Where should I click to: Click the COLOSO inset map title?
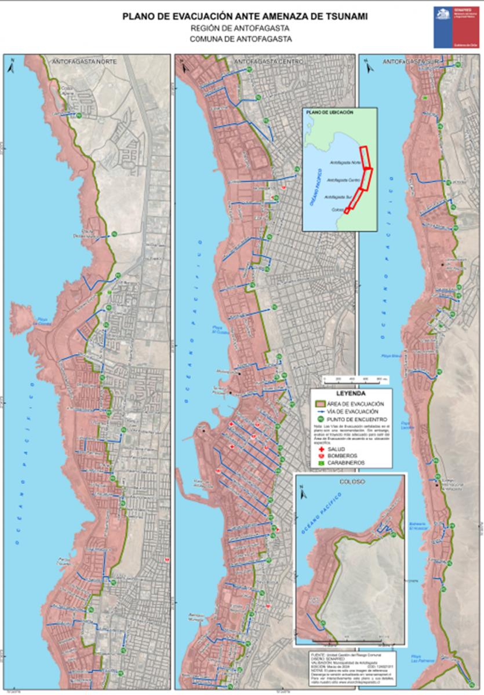point(350,480)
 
